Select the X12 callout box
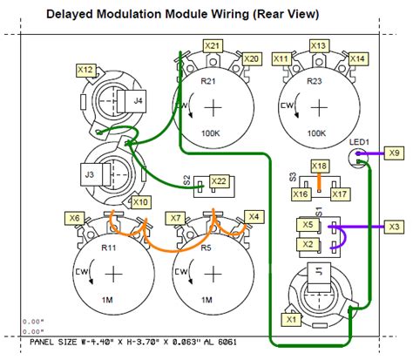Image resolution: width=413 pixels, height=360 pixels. coord(85,68)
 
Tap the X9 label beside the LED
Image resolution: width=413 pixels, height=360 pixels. coord(394,153)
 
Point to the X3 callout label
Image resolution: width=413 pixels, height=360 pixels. coord(395,227)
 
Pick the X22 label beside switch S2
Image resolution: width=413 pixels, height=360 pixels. coord(220,180)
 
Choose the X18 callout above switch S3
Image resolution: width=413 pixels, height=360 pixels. coord(320,166)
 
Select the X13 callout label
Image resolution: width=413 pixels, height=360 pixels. coord(319,44)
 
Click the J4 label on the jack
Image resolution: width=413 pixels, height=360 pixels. coord(139,102)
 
